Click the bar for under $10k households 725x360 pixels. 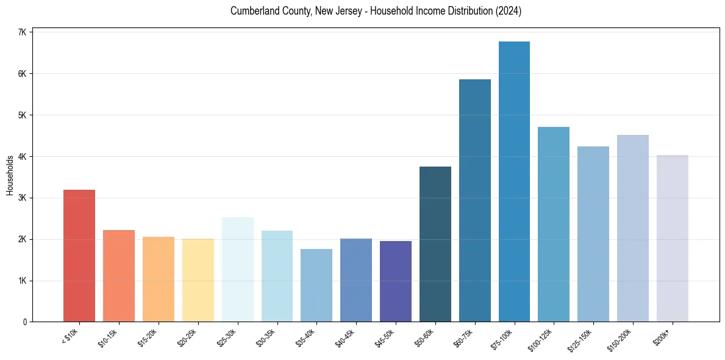(79, 256)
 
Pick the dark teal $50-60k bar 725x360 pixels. (435, 244)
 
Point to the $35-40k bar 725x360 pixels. (316, 285)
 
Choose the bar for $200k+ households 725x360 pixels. (672, 238)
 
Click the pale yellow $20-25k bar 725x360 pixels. (198, 280)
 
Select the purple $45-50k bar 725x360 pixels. (396, 281)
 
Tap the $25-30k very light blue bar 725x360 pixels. (237, 269)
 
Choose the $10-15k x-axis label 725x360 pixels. (108, 337)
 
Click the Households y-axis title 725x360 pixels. (10, 175)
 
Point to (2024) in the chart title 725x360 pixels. (509, 11)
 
